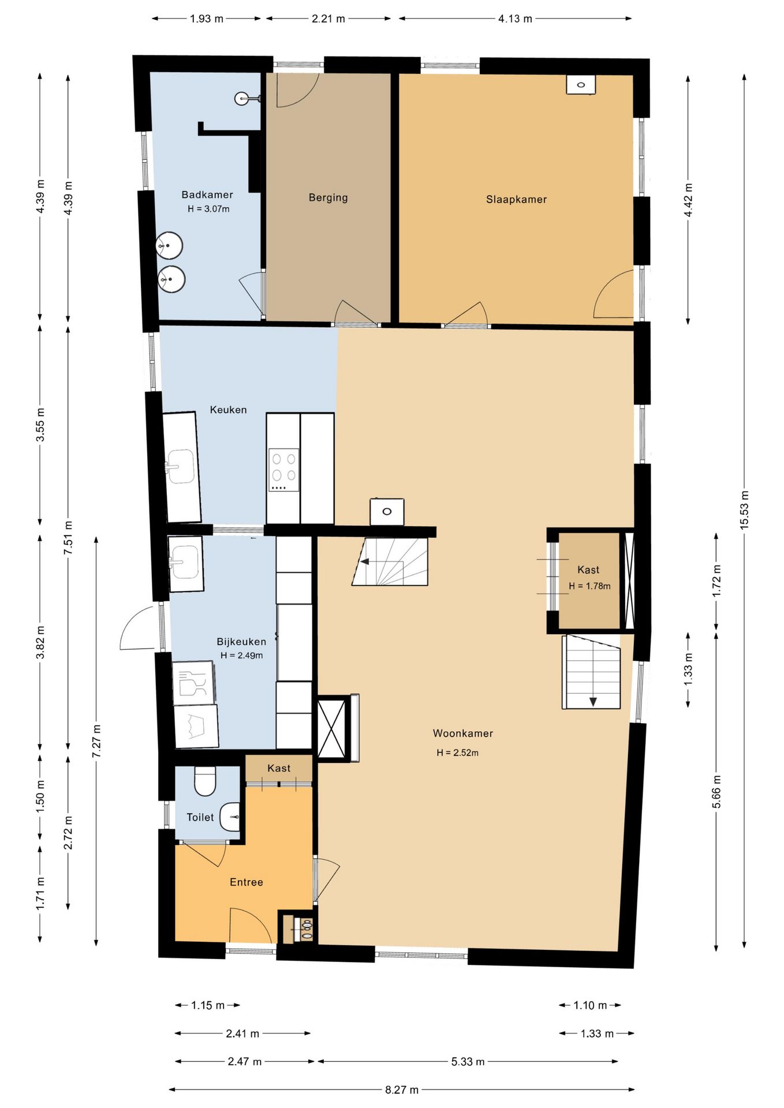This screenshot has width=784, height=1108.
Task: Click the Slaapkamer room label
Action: [516, 200]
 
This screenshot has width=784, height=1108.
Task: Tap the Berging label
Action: [328, 198]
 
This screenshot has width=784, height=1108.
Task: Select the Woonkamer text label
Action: [463, 733]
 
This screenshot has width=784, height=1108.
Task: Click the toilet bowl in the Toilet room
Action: [205, 781]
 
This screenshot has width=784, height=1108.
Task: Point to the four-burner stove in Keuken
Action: [284, 470]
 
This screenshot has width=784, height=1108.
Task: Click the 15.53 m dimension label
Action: [744, 510]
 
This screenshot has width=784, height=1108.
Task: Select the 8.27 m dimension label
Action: [402, 1090]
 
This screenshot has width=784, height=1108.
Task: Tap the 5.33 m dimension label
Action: [468, 1061]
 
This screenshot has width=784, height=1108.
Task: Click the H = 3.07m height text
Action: [208, 209]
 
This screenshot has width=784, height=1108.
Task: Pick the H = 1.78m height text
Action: [589, 586]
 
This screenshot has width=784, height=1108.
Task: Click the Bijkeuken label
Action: [241, 642]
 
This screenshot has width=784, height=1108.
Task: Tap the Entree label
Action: [247, 882]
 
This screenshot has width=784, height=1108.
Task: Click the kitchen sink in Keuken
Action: [180, 466]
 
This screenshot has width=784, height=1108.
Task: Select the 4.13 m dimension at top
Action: [515, 18]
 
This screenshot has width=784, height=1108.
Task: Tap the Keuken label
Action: [228, 410]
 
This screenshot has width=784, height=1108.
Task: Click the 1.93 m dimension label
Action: [207, 18]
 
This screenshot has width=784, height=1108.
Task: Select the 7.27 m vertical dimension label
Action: [96, 741]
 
